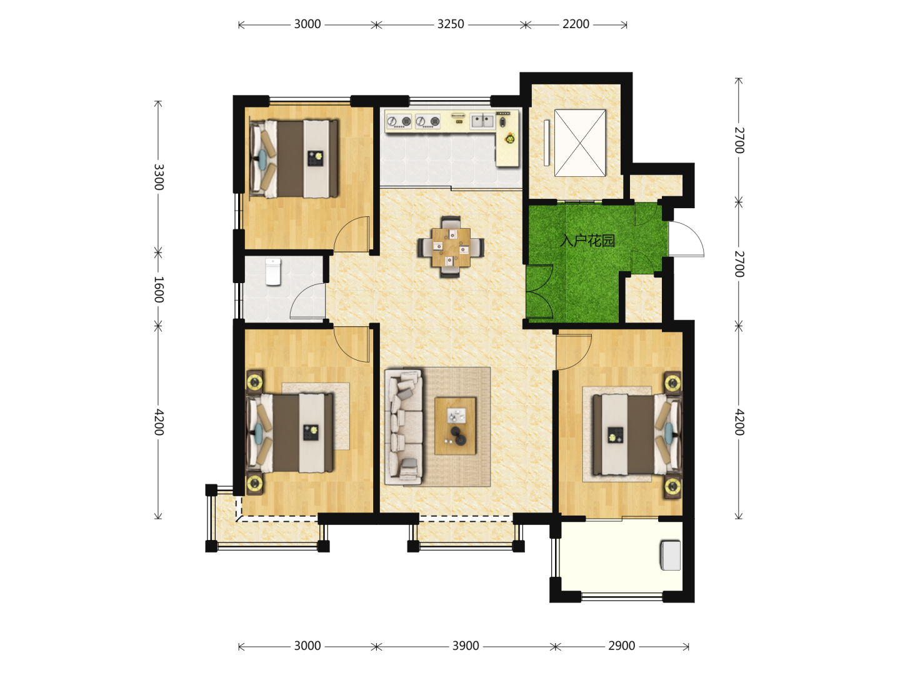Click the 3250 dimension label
pyautogui.click(x=450, y=24)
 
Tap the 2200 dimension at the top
pyautogui.click(x=576, y=24)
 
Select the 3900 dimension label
pyautogui.click(x=466, y=646)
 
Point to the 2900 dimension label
pyautogui.click(x=621, y=646)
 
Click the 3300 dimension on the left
pyautogui.click(x=159, y=177)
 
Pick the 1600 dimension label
pyautogui.click(x=159, y=289)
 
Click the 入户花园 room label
pyautogui.click(x=587, y=241)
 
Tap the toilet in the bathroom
pyautogui.click(x=272, y=271)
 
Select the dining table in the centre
pyautogui.click(x=451, y=247)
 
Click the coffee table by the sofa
pyautogui.click(x=455, y=426)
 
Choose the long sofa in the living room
pyautogui.click(x=404, y=427)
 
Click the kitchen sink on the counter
pyautogui.click(x=482, y=121)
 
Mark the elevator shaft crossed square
pyautogui.click(x=580, y=143)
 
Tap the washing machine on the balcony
pyautogui.click(x=671, y=556)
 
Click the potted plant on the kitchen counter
pyautogui.click(x=509, y=139)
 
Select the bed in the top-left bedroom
pyautogui.click(x=294, y=159)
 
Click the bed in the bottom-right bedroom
pyautogui.click(x=637, y=434)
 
